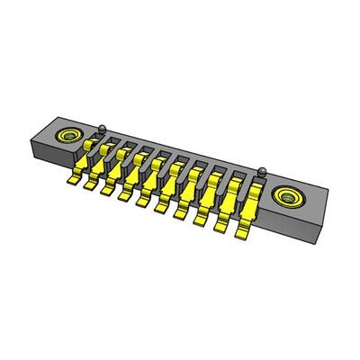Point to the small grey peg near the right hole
coord(262,170)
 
